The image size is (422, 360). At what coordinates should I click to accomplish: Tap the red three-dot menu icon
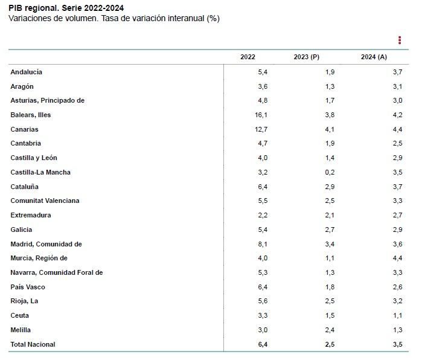tap(400, 40)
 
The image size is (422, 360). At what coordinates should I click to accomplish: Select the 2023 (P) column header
tap(306, 57)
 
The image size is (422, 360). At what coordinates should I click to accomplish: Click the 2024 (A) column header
tap(374, 57)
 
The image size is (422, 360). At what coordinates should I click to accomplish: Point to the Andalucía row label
tap(26, 72)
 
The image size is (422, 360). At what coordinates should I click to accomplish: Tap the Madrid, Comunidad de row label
tap(46, 244)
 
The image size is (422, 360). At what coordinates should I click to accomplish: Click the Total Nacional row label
tap(33, 344)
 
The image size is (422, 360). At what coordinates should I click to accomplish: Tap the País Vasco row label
tap(28, 287)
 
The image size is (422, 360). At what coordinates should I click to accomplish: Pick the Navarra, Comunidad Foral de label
tap(57, 272)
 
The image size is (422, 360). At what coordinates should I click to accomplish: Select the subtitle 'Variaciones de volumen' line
tap(113, 19)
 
